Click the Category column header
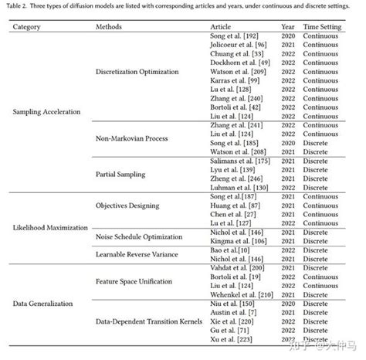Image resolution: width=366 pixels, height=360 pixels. pos(26,26)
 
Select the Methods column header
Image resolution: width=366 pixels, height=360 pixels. pos(108,26)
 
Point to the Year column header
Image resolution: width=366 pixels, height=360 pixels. pos(288,26)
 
